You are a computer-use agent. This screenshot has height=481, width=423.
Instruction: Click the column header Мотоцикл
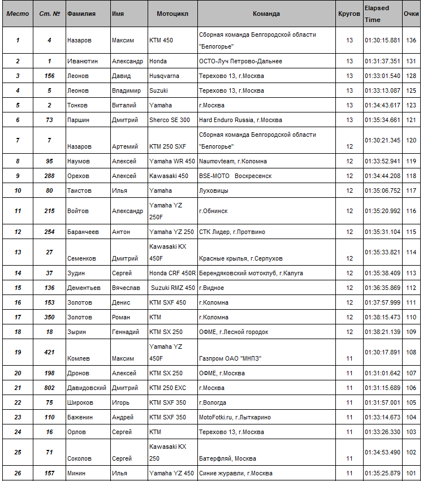pos(172,14)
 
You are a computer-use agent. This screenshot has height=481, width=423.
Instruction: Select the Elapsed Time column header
pos(377,14)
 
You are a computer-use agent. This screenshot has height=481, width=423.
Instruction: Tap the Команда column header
pos(266,14)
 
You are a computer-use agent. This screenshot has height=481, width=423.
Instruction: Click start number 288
pos(50,176)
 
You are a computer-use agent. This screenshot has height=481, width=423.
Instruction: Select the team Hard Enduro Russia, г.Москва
pos(240,120)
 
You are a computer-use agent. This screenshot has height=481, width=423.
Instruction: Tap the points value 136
pos(411,41)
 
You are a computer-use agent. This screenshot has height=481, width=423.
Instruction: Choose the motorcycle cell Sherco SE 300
pos(170,120)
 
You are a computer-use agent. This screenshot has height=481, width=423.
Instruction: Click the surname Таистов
pos(79,190)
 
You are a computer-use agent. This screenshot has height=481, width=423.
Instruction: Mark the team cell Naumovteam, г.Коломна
pos(233,161)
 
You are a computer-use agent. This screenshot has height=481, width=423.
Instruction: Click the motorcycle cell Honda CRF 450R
pos(172,273)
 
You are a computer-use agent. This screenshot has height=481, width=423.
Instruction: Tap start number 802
pos(50,388)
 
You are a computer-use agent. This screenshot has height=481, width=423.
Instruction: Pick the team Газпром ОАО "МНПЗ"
pos(230,358)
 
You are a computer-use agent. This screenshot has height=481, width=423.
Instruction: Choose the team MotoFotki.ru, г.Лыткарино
pos(235,417)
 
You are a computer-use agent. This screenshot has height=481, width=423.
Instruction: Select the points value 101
pos(411,473)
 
